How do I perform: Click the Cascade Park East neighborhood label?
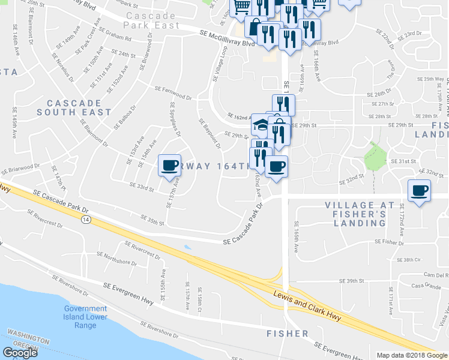[151, 20]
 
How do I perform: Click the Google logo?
[20, 353]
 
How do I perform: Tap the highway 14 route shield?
[86, 220]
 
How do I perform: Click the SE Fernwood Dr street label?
[173, 92]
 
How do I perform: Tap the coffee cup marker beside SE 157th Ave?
[169, 165]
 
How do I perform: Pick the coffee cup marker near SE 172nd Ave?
[419, 191]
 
